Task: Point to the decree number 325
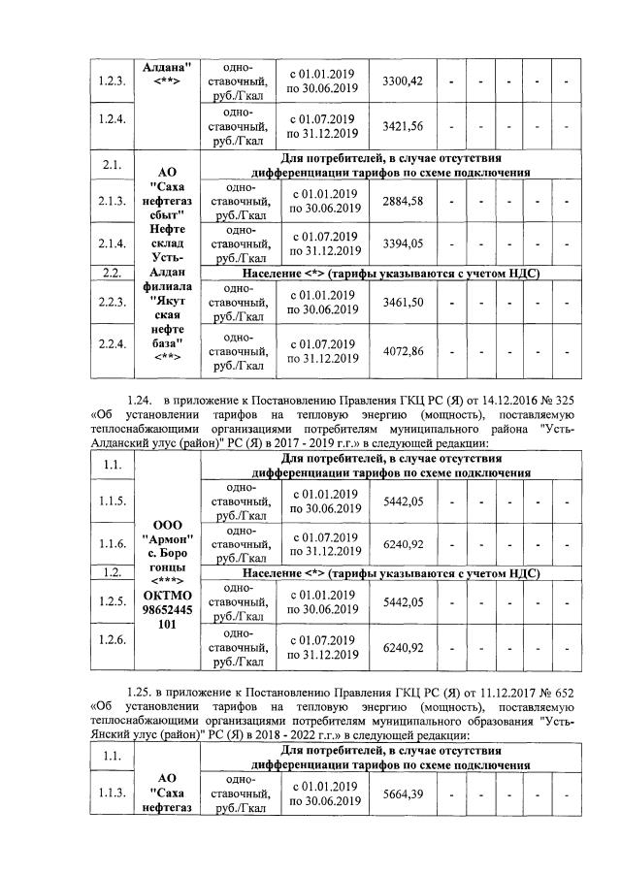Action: (563, 399)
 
